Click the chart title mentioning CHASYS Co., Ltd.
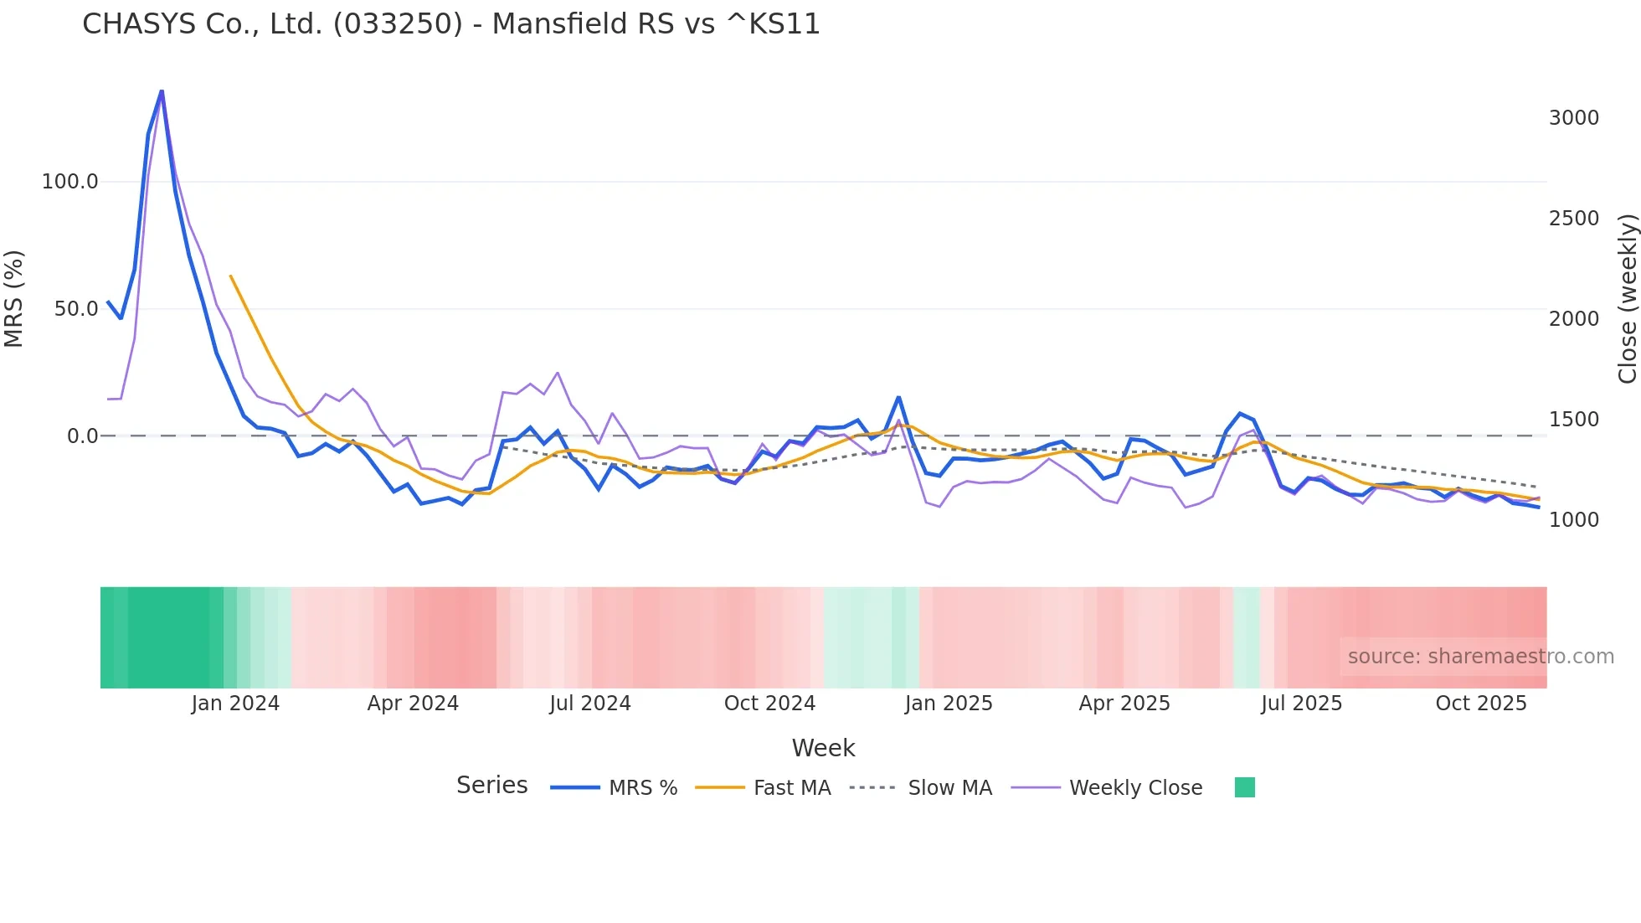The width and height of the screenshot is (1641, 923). click(450, 24)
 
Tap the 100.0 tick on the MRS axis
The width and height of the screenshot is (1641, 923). click(70, 182)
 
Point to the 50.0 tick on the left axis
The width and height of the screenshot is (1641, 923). click(76, 309)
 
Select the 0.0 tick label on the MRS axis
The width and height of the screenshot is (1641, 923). click(82, 436)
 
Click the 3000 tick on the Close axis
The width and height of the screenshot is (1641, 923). click(1573, 118)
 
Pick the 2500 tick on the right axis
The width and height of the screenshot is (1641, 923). click(1573, 219)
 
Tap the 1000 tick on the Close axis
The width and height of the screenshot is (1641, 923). click(1573, 520)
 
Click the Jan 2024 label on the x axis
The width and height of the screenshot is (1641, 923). click(235, 704)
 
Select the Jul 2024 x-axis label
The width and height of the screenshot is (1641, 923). click(590, 704)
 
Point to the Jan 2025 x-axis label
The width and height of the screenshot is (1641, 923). click(949, 704)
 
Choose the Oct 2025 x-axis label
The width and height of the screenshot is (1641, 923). click(1481, 704)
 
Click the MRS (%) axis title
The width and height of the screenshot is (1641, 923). click(14, 299)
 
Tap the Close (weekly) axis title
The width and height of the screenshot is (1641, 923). click(1628, 299)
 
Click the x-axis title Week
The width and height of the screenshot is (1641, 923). click(823, 748)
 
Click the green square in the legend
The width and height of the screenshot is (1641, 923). click(1244, 787)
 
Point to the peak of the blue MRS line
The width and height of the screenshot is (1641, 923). click(162, 90)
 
